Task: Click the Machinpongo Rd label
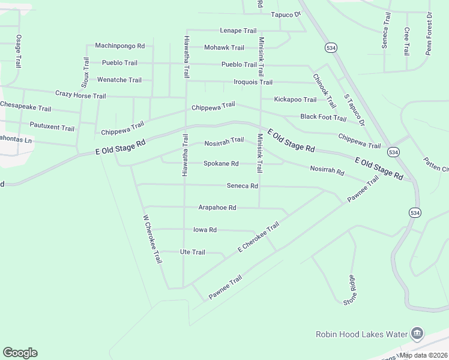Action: coord(120,46)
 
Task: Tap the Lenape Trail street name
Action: coord(238,31)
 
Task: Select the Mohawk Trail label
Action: coord(224,47)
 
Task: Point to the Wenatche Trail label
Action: coord(119,80)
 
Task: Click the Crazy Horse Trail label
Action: coord(80,95)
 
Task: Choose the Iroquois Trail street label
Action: coord(253,82)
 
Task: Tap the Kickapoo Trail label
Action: coord(295,100)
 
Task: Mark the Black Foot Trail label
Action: coord(324,118)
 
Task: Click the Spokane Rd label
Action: coord(221,163)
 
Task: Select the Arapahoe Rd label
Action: coord(217,208)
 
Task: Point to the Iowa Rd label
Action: coord(205,230)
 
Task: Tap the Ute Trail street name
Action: coord(192,252)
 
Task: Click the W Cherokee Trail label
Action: coord(152,239)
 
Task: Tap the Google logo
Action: coord(20,353)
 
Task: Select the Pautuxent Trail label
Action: coord(52,128)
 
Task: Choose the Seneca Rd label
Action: coord(242,186)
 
